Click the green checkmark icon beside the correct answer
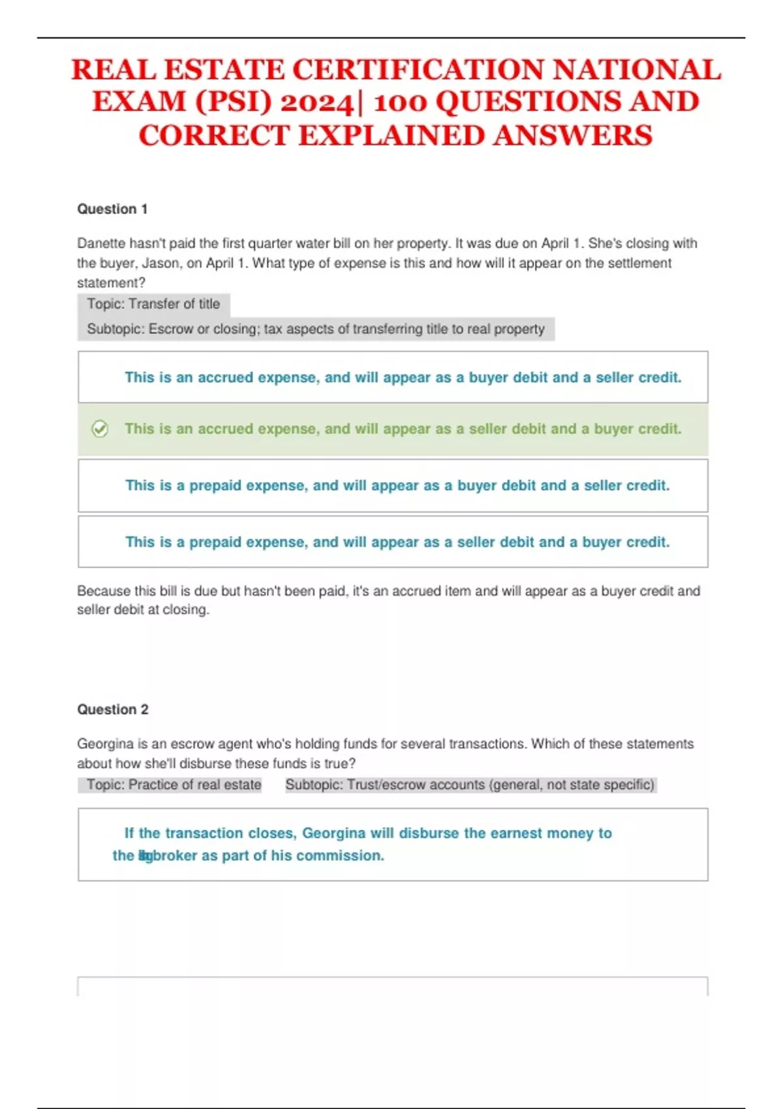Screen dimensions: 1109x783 click(x=100, y=429)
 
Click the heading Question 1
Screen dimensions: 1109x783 click(x=112, y=209)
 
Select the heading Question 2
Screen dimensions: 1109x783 click(x=113, y=709)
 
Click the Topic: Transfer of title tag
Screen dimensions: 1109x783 click(x=153, y=304)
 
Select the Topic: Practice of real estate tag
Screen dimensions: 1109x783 click(x=174, y=785)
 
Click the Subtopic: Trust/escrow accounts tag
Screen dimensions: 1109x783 click(x=470, y=785)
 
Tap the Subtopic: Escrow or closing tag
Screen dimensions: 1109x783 click(x=316, y=329)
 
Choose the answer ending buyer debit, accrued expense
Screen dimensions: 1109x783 click(x=403, y=377)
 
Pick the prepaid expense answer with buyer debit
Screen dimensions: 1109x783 click(x=397, y=485)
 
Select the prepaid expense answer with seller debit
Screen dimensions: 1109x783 click(x=397, y=542)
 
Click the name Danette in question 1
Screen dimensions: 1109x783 click(x=101, y=243)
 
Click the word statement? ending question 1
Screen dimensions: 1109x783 click(x=111, y=282)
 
